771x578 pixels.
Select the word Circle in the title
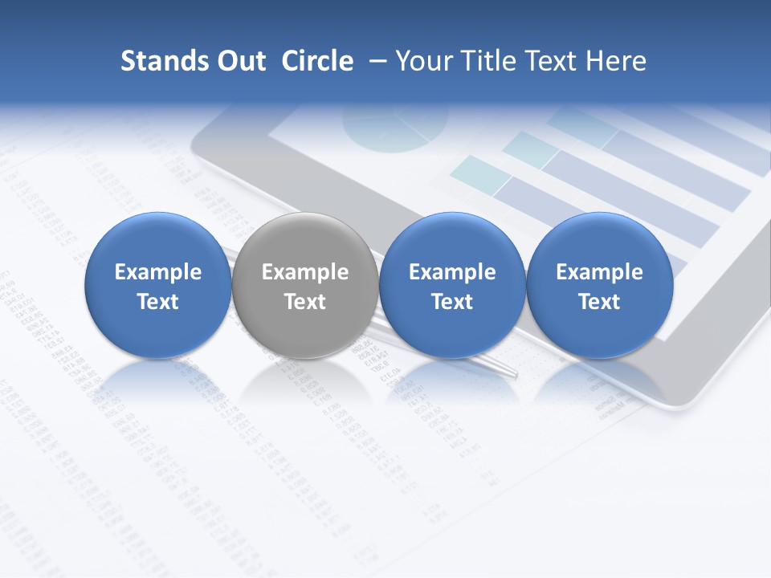click(x=317, y=61)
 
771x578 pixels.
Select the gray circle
click(x=304, y=285)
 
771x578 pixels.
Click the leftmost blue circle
click(x=157, y=285)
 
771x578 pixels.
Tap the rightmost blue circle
click(x=599, y=285)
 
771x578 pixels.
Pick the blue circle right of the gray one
click(x=451, y=285)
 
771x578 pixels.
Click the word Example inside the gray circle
click(x=304, y=272)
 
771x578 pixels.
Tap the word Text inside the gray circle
click(x=304, y=302)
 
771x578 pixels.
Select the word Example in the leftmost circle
click(x=157, y=272)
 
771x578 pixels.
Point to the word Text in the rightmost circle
click(x=599, y=302)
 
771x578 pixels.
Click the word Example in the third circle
click(x=451, y=272)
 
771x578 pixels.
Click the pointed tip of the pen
click(x=515, y=375)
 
